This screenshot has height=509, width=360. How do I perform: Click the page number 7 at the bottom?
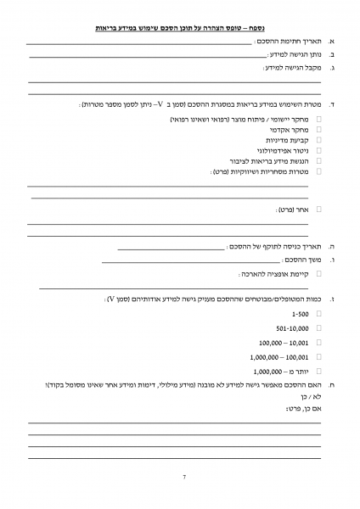[183, 478]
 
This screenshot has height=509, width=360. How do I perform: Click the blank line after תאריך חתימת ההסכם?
[140, 42]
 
